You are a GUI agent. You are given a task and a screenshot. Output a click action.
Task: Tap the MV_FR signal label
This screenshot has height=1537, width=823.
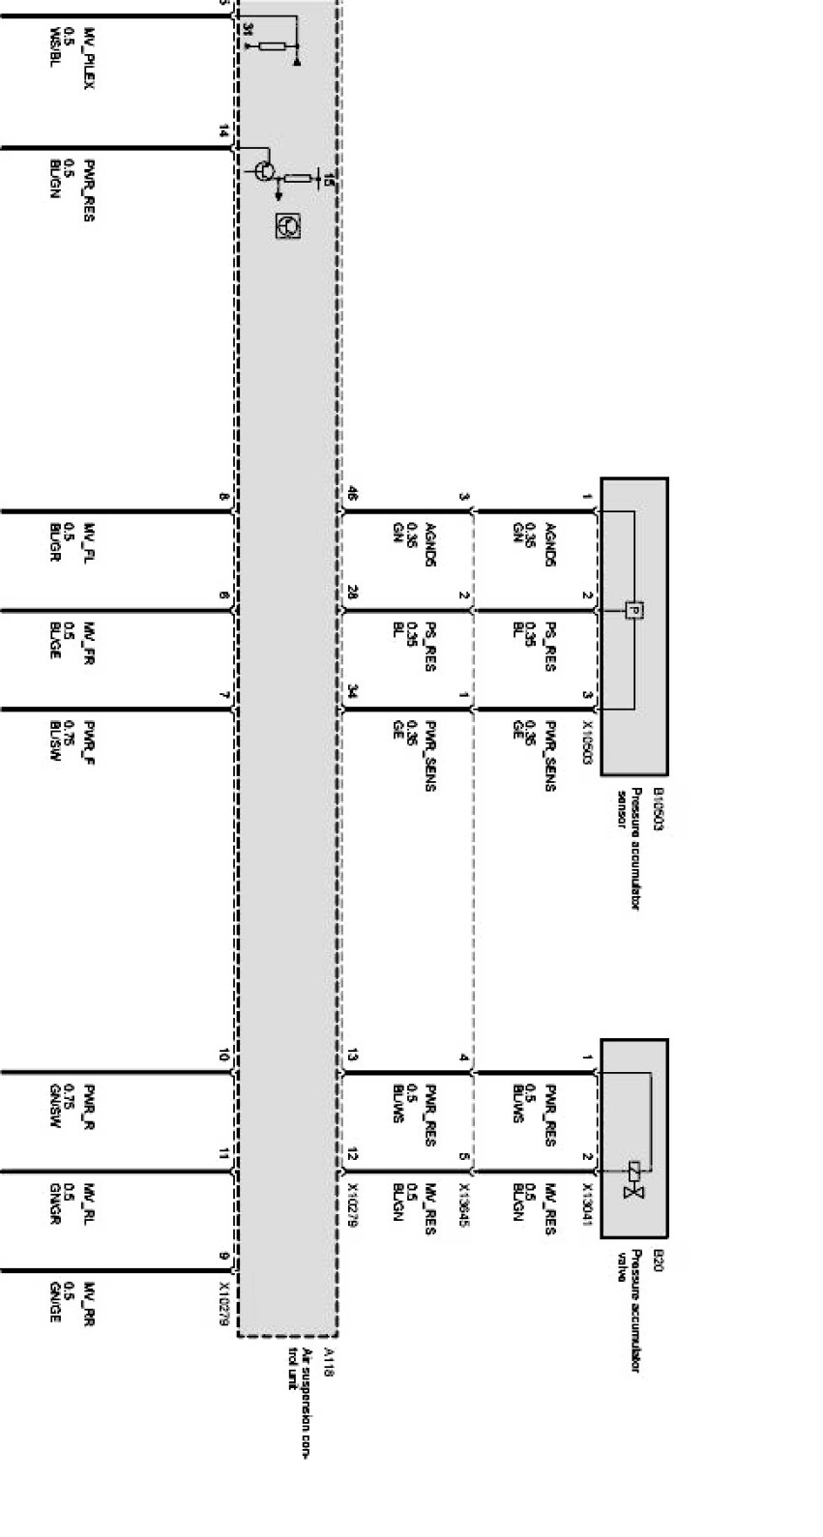coord(89,642)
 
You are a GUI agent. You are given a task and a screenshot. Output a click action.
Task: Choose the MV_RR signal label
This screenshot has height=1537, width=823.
coord(89,1302)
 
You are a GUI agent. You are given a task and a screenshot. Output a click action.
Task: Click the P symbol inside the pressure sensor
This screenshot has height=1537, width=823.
coord(633,610)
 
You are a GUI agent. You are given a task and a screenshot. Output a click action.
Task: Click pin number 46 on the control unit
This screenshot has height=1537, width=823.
coord(352,495)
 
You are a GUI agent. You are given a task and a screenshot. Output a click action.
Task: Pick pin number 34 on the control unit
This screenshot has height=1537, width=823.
coord(352,691)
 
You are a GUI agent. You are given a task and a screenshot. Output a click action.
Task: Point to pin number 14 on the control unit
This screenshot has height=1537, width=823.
coord(224,130)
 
